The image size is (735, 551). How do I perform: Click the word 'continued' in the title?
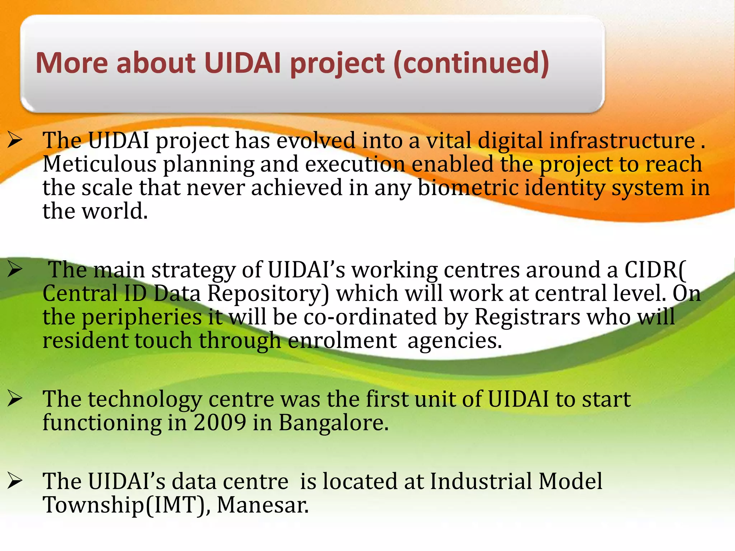coord(471,63)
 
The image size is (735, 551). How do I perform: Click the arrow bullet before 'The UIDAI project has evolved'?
coord(15,140)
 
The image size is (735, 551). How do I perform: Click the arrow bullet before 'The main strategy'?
coord(15,270)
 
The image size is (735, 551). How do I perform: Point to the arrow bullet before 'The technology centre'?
coord(15,399)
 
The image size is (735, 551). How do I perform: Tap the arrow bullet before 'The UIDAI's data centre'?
coord(15,481)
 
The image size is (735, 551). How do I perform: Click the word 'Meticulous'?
coord(99,164)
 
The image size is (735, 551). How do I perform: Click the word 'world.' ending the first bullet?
coord(115,211)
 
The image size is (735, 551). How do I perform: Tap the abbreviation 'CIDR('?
coord(655,270)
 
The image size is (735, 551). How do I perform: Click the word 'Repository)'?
coord(268,293)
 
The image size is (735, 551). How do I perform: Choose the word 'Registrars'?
coord(527,317)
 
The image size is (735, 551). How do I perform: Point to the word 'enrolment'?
coord(342,340)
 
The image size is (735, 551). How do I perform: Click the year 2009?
coord(220,423)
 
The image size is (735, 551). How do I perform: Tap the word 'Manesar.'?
coord(263,505)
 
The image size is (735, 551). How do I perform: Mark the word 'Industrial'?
coord(481,481)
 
